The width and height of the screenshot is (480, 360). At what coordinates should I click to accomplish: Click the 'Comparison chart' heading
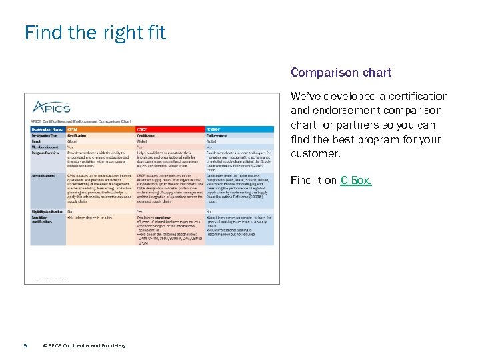341,72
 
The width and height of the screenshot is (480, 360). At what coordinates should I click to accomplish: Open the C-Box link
356,181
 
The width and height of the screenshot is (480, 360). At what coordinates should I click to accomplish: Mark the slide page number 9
25,345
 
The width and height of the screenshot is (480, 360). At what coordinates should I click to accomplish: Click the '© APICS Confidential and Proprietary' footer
83,345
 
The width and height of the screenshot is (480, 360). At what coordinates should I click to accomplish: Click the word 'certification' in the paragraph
414,97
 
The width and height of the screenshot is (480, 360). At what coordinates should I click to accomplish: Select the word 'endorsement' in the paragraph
339,111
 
